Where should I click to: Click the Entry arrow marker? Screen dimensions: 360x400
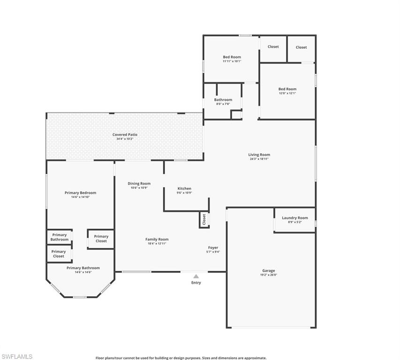196,277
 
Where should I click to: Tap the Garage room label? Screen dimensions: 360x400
269,270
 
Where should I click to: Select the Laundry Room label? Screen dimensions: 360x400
295,217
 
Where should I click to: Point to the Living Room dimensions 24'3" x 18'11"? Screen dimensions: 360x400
259,159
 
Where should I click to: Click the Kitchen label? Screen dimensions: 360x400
184,188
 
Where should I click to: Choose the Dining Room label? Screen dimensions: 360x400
139,183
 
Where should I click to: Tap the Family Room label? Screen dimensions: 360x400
157,239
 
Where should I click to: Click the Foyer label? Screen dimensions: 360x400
213,247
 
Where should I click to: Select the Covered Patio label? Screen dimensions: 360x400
125,135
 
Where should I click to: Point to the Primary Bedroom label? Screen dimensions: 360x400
80,193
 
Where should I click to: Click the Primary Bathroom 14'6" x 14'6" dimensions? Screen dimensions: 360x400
83,272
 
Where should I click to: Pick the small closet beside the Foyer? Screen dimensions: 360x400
204,219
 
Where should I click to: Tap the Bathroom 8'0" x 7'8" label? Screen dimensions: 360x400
223,99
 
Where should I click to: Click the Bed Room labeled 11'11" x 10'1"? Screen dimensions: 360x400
232,57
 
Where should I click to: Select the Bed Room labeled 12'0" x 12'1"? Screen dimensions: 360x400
287,89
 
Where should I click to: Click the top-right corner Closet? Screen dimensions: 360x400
301,47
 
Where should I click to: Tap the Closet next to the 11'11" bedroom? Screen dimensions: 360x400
273,47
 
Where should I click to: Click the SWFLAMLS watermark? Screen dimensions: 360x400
17,357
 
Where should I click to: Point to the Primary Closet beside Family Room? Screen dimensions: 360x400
101,239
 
